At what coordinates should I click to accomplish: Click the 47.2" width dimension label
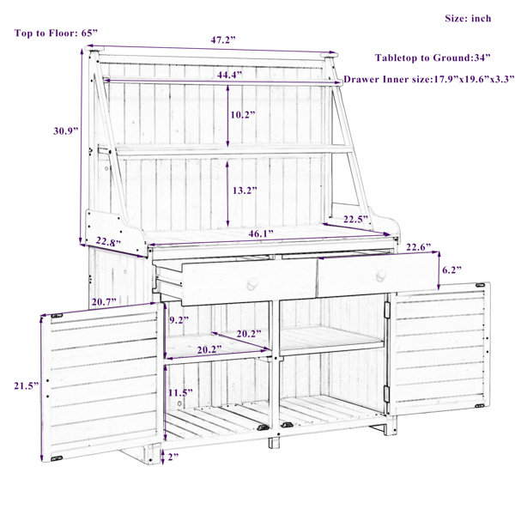pyautogui.click(x=223, y=40)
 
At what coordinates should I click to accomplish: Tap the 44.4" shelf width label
pyautogui.click(x=229, y=75)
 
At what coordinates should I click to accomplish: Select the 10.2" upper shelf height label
pyautogui.click(x=243, y=115)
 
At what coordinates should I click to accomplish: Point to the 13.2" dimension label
pyautogui.click(x=245, y=191)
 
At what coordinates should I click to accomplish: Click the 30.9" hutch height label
pyautogui.click(x=66, y=130)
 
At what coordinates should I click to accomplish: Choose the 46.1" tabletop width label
pyautogui.click(x=261, y=233)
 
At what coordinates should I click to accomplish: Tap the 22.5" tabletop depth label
pyautogui.click(x=355, y=219)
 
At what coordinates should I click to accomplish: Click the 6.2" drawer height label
pyautogui.click(x=452, y=270)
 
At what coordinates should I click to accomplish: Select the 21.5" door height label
pyautogui.click(x=27, y=385)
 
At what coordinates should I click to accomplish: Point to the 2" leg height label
pyautogui.click(x=173, y=457)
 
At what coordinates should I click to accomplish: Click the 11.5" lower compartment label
pyautogui.click(x=180, y=392)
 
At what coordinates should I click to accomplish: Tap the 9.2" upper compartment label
pyautogui.click(x=179, y=320)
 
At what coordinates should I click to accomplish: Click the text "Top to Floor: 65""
pyautogui.click(x=56, y=33)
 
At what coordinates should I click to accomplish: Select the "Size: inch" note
pyautogui.click(x=468, y=18)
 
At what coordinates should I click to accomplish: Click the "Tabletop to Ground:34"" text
pyautogui.click(x=433, y=58)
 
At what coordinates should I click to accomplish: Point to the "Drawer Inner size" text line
pyautogui.click(x=428, y=79)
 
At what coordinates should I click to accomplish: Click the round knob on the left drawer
pyautogui.click(x=252, y=283)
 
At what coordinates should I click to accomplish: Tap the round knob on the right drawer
pyautogui.click(x=381, y=276)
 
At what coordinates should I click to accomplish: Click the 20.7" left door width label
pyautogui.click(x=104, y=301)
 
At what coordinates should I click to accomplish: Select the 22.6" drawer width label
pyautogui.click(x=419, y=247)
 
